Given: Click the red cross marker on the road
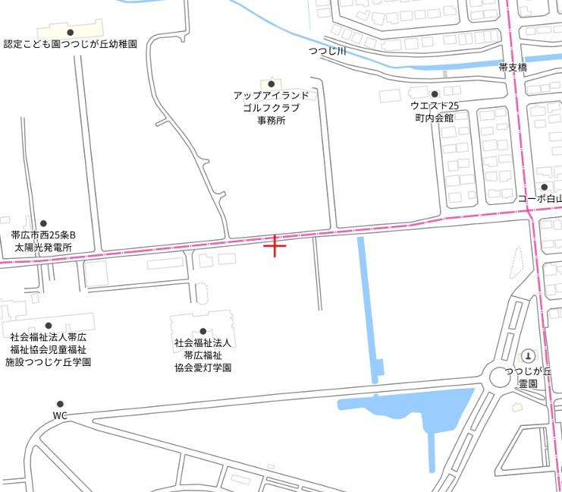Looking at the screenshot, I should click(x=275, y=245).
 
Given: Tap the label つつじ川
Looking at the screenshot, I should click(x=327, y=52).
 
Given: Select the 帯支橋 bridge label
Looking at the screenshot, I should click(x=513, y=68).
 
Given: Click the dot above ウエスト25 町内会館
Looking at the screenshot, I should click(x=435, y=94).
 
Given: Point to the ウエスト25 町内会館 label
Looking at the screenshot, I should click(x=435, y=112).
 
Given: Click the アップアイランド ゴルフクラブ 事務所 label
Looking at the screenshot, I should click(x=271, y=108).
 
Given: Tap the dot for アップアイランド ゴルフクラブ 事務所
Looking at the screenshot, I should click(x=271, y=84).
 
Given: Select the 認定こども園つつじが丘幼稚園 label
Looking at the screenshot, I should click(x=70, y=45).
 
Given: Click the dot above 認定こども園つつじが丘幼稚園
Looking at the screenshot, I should click(x=71, y=32).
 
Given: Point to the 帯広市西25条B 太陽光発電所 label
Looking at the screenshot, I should click(x=43, y=241).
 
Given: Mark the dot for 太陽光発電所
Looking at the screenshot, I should click(x=43, y=224).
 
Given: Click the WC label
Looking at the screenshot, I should click(x=60, y=416).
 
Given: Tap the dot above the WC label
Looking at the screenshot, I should click(x=60, y=404).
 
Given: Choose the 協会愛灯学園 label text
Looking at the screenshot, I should click(x=203, y=367).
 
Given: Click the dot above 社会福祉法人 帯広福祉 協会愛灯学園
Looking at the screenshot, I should click(x=203, y=331).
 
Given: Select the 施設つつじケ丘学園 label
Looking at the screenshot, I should click(x=49, y=362).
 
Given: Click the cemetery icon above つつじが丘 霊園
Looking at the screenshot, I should click(x=528, y=356).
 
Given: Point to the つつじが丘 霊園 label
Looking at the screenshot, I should click(x=529, y=377).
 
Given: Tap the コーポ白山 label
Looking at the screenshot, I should click(x=540, y=199).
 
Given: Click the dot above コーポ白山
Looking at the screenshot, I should click(x=544, y=187).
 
